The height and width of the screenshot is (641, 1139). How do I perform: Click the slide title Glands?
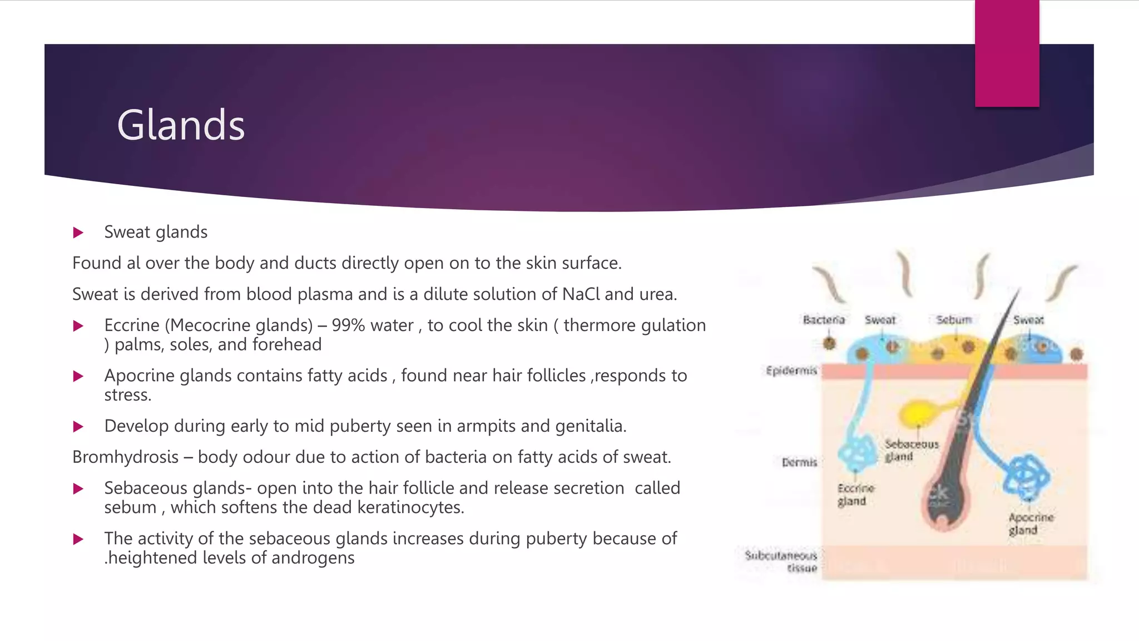(x=181, y=125)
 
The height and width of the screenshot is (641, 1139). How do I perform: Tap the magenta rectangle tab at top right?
(x=1007, y=53)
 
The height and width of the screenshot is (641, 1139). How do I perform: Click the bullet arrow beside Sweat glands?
(x=78, y=233)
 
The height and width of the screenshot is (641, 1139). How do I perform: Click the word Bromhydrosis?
(x=125, y=457)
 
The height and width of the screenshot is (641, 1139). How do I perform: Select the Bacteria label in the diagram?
(x=824, y=320)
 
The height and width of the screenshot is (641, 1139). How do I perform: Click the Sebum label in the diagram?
(x=954, y=320)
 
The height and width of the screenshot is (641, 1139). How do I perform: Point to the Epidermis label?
(x=791, y=371)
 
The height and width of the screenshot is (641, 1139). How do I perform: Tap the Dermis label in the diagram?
(x=799, y=462)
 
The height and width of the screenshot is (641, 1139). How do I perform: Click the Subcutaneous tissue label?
(x=782, y=561)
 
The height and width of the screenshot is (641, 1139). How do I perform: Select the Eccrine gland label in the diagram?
(x=855, y=495)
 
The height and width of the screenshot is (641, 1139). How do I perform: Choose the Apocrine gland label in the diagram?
(x=1031, y=524)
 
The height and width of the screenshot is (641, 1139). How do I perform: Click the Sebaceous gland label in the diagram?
(x=911, y=450)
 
